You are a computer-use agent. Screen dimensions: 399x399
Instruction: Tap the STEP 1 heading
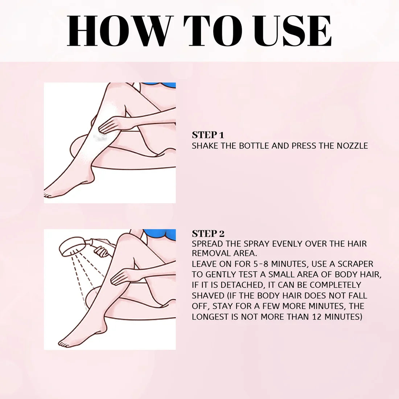pos(208,135)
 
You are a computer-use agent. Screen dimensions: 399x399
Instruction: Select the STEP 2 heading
pos(208,234)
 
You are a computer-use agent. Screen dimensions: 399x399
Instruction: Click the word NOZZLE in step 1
pos(351,146)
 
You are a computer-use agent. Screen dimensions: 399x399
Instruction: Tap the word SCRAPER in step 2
pos(354,264)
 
